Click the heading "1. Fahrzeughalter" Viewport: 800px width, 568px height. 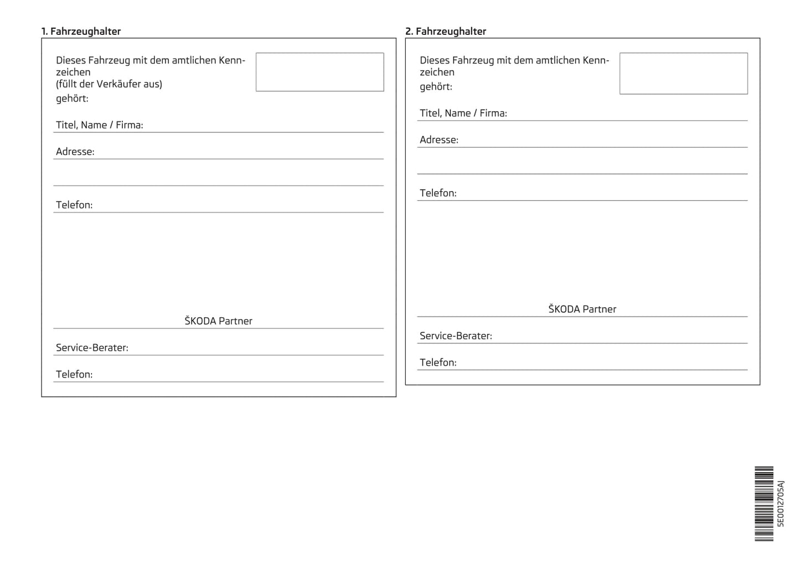81,32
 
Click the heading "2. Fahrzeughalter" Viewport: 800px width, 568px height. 445,32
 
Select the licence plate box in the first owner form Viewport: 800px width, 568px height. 319,72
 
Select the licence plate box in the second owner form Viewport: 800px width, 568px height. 683,74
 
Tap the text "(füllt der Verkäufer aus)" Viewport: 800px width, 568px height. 109,84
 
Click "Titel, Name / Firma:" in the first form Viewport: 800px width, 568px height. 100,125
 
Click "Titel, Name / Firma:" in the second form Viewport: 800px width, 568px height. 463,113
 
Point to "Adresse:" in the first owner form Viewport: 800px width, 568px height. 75,152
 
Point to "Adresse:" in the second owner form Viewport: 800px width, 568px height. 439,140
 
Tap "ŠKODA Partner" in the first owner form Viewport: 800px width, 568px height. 218,321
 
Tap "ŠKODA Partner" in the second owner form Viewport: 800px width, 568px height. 582,309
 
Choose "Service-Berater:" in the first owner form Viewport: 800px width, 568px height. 92,348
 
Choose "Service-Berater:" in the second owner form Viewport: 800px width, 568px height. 456,336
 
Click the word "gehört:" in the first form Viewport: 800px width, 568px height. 72,99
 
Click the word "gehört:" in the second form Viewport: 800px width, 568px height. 436,87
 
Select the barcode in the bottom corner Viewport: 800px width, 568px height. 764,504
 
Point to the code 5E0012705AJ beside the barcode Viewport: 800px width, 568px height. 781,504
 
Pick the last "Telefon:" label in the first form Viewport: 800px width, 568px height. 74,374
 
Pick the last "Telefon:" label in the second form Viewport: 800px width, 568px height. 438,363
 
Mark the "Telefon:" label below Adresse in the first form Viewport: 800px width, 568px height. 74,205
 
